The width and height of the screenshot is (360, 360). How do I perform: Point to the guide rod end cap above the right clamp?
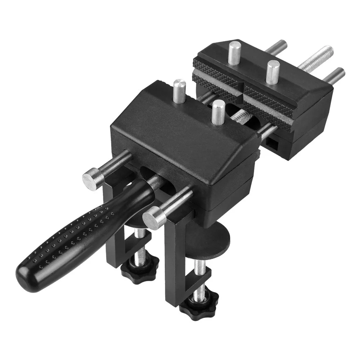pos(153,217)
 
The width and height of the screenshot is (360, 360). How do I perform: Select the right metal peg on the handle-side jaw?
pos(217,112)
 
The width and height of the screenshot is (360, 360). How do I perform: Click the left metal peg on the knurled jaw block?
pos(235,53)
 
